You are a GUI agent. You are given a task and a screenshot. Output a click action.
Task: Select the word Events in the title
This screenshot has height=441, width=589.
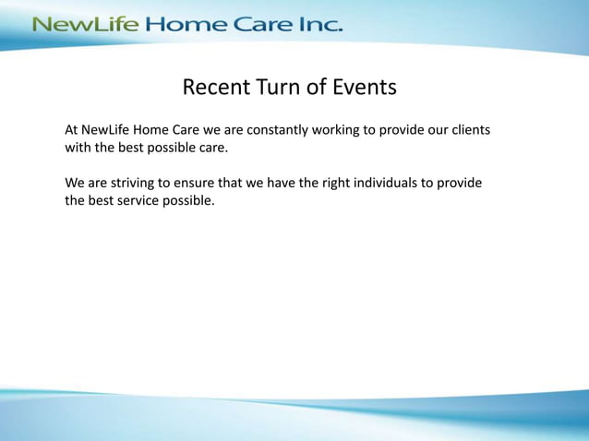click(367, 88)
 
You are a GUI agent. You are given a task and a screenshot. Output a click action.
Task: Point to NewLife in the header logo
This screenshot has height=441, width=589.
click(85, 24)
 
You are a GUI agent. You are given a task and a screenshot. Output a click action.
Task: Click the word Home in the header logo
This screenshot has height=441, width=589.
click(189, 24)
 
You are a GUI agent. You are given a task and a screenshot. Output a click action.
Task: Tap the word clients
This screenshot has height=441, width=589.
click(467, 130)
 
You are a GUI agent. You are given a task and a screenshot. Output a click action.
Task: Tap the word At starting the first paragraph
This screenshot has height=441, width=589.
click(73, 130)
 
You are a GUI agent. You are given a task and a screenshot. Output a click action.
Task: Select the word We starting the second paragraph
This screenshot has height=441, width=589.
click(75, 183)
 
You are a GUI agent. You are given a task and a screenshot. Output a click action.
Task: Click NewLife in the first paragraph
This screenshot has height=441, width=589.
click(113, 130)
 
